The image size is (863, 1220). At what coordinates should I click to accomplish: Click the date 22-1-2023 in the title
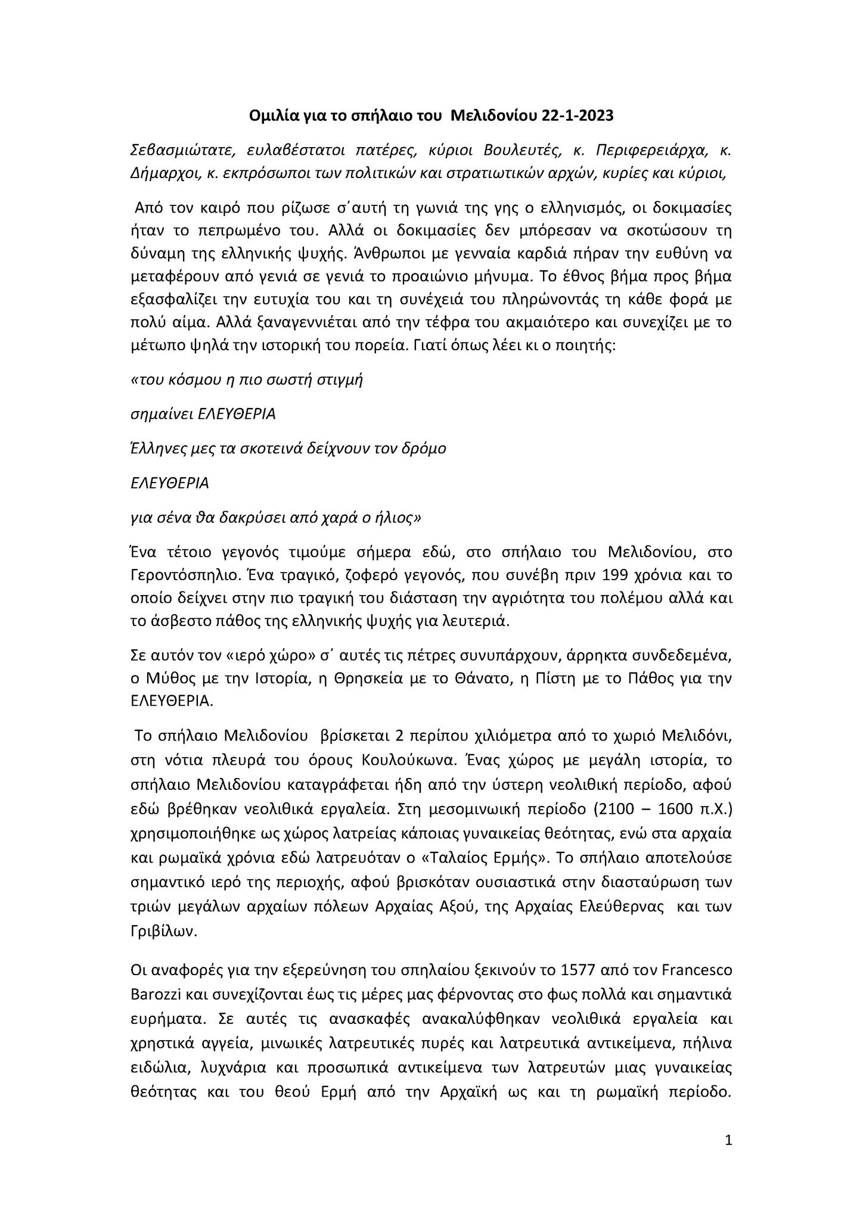pyautogui.click(x=578, y=116)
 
